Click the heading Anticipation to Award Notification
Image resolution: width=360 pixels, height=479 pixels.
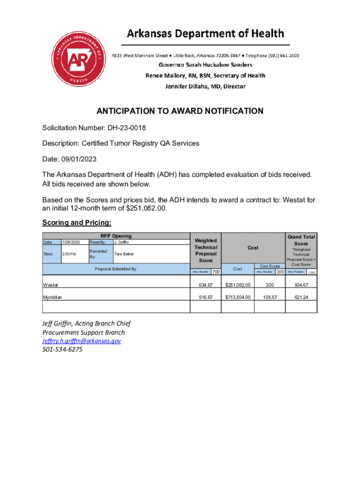coord(180,111)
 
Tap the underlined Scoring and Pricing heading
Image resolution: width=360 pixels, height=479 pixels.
coord(77,222)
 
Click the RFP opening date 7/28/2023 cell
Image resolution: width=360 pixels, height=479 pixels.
coord(72,242)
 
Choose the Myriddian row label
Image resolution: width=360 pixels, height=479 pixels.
coord(53,297)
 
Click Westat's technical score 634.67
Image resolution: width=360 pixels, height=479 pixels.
coord(206,284)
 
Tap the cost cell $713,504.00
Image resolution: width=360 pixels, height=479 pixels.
coord(238,297)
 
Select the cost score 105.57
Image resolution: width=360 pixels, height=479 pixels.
coord(270,297)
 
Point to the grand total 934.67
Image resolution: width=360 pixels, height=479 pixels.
coord(301,284)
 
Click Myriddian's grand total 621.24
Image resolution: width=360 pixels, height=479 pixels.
coord(301,297)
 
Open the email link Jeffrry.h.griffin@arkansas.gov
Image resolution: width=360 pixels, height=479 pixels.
coord(81,341)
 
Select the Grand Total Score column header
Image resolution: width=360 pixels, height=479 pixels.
coord(301,240)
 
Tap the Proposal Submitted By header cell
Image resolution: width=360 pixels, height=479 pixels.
coord(116,269)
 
